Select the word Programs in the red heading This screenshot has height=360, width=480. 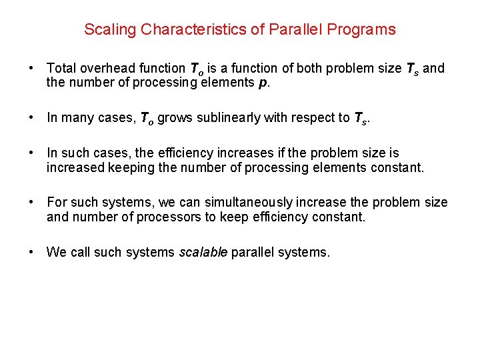coord(367,29)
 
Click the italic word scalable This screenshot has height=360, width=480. coord(204,253)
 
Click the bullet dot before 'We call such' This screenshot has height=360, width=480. coord(32,253)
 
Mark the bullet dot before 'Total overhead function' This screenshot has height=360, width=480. coord(32,68)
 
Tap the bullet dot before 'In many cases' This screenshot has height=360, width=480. coord(32,118)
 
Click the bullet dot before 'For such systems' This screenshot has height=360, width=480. coord(32,202)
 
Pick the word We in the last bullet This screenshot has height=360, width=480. coord(55,253)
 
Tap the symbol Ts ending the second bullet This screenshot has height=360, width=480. coord(359,119)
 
